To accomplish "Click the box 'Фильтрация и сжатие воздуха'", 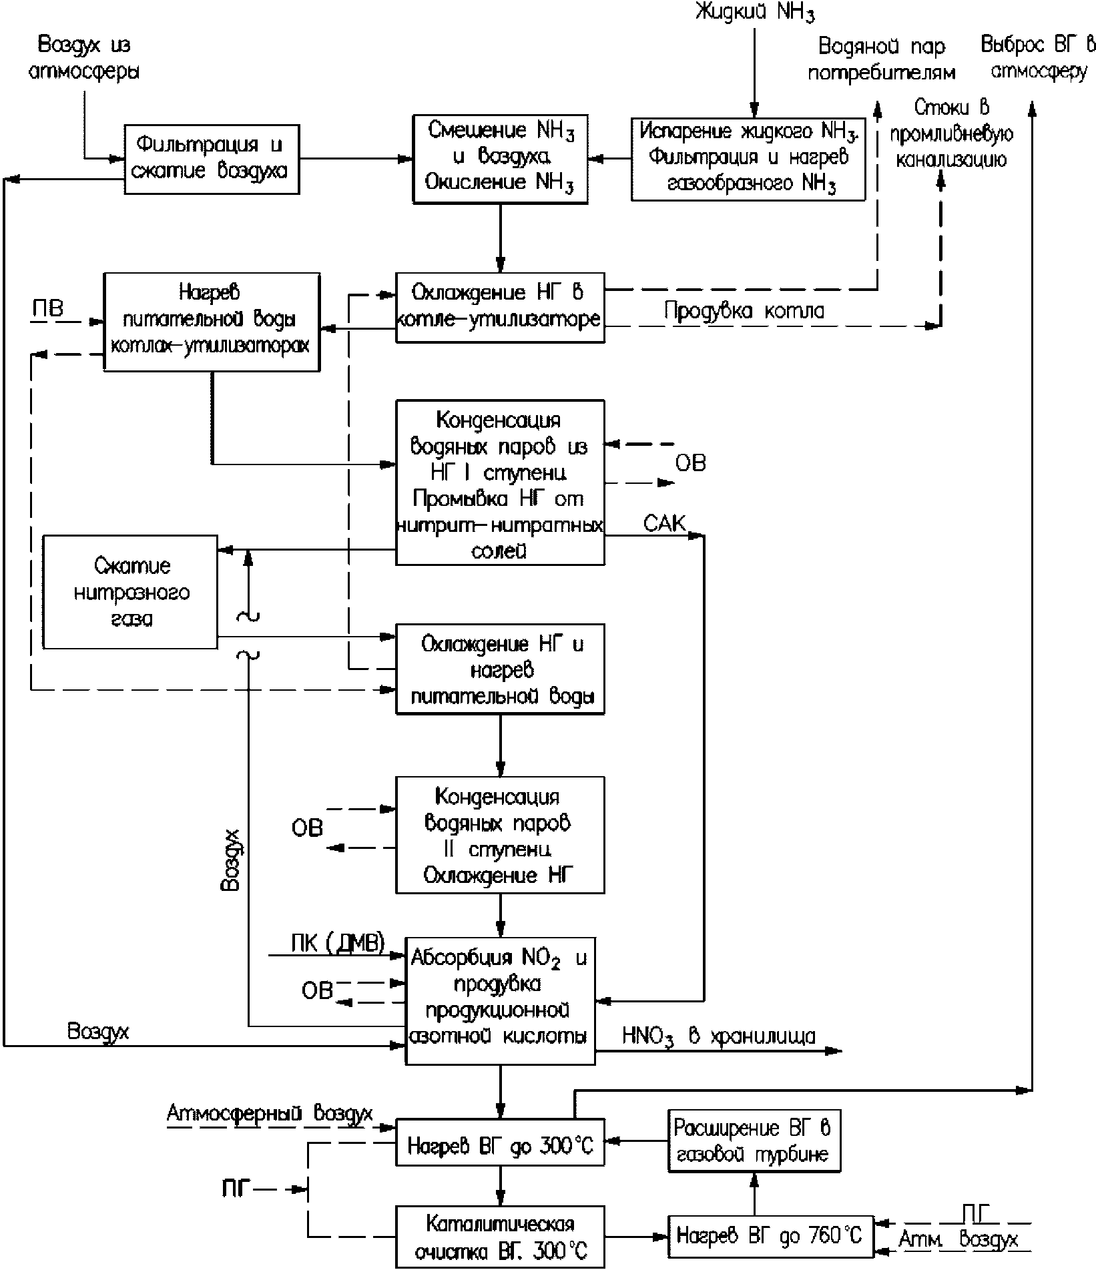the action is [212, 159].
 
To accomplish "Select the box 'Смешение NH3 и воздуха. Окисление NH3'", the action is [500, 158].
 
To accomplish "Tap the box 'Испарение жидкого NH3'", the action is [748, 159].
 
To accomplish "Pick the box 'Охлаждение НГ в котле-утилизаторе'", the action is [500, 308].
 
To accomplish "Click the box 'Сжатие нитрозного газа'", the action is [130, 592].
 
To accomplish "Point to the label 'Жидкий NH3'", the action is [755, 13].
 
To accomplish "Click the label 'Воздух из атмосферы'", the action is [84, 58].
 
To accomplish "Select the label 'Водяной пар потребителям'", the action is [882, 59].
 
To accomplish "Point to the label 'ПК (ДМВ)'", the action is [338, 942].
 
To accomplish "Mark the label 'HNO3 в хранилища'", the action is [719, 1036].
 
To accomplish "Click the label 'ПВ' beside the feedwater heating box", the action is [48, 310].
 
